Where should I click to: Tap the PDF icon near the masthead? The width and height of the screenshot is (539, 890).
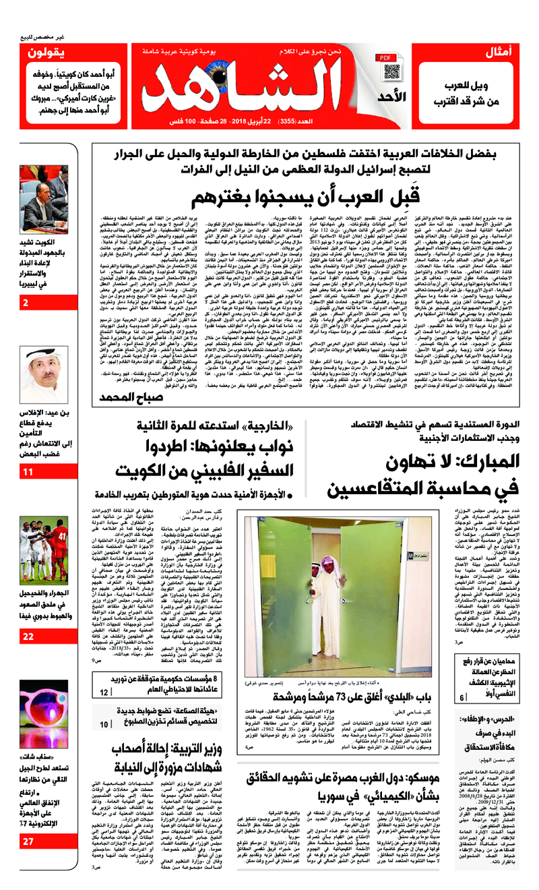386,59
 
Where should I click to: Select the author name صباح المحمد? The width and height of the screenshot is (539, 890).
129,398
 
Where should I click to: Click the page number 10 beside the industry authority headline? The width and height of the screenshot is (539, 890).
104,723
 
